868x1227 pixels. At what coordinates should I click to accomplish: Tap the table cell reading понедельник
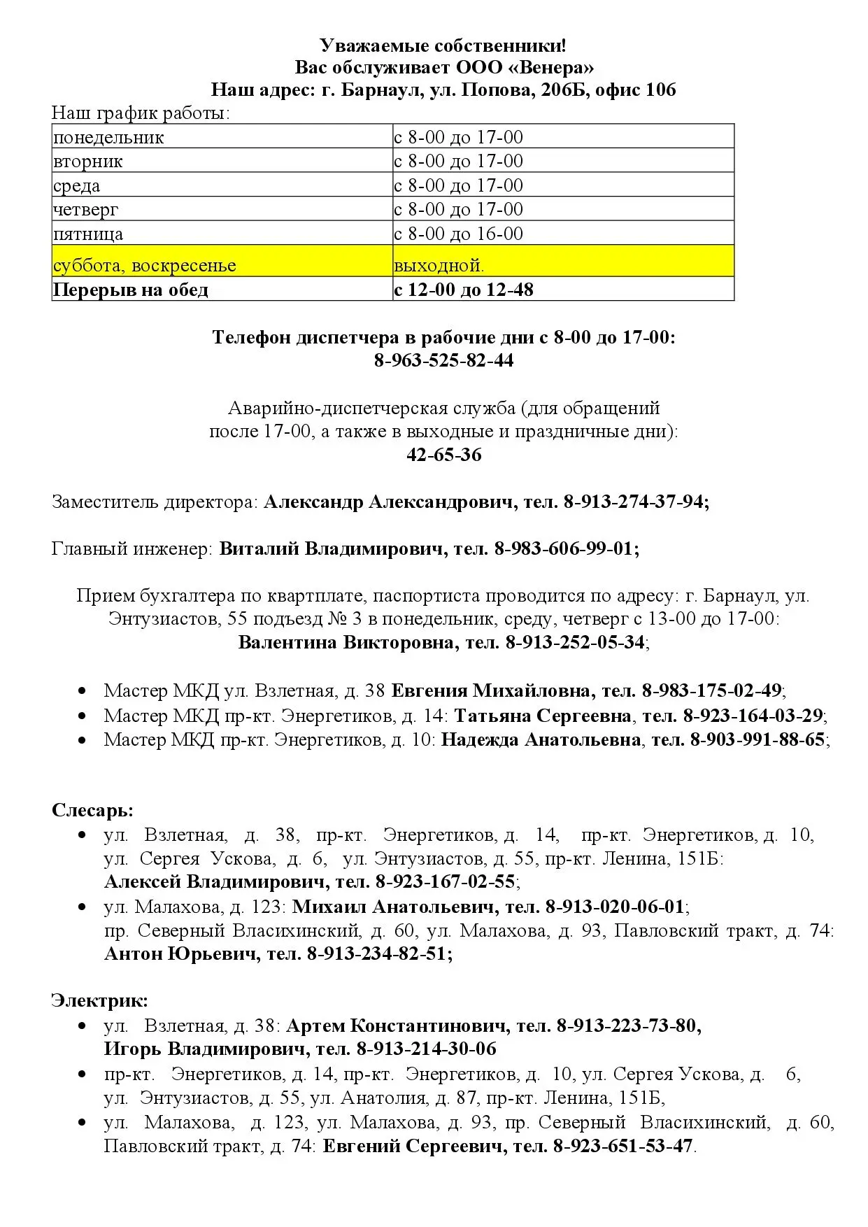click(108, 137)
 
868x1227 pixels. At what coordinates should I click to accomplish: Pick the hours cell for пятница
click(458, 234)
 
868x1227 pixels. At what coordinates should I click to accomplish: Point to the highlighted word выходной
click(439, 266)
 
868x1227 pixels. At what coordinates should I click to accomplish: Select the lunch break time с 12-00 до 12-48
click(464, 290)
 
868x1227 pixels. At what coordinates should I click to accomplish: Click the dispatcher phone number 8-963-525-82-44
click(444, 360)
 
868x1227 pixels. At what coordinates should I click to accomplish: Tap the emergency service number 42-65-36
click(444, 455)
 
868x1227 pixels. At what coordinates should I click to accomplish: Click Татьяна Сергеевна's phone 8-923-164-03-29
click(753, 716)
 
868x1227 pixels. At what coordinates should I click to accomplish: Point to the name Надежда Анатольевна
click(541, 740)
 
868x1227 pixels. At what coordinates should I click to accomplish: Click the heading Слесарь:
click(92, 810)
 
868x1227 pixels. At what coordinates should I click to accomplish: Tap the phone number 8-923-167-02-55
click(445, 881)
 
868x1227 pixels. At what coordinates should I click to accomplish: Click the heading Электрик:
click(99, 1001)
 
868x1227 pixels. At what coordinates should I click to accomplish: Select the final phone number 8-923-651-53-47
click(622, 1147)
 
